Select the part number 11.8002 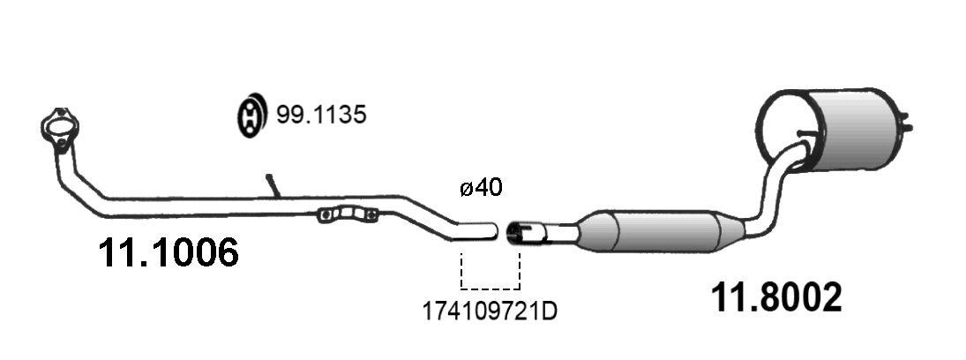(776, 298)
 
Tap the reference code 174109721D (491, 311)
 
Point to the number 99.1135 (321, 116)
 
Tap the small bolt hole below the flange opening (61, 143)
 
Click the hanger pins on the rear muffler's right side (905, 124)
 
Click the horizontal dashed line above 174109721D (490, 289)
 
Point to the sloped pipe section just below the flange (84, 176)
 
